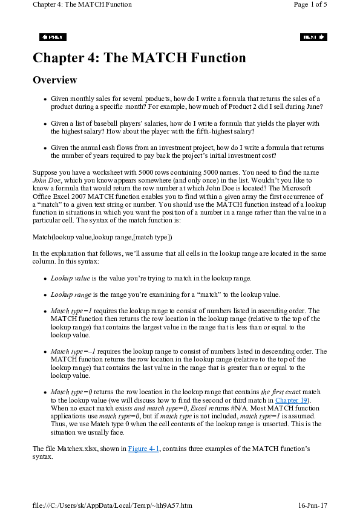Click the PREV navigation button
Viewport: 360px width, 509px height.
point(53,37)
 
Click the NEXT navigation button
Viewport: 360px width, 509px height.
point(313,37)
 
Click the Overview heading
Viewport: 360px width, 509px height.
point(55,80)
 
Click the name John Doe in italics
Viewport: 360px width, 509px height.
point(45,180)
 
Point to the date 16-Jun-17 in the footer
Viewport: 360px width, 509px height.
point(312,504)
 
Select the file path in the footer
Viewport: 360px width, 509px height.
point(113,504)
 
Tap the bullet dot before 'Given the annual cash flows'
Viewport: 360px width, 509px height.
point(45,148)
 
